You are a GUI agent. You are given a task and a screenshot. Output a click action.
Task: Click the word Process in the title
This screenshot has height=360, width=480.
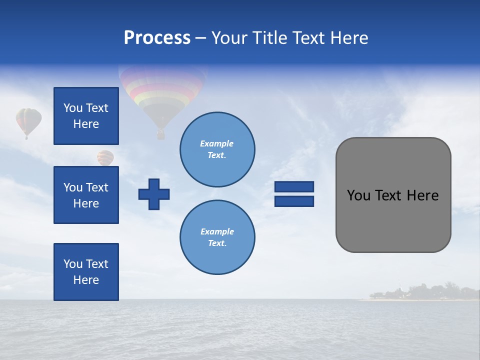point(157,38)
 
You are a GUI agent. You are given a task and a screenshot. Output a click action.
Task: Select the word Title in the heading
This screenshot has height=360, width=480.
point(268,38)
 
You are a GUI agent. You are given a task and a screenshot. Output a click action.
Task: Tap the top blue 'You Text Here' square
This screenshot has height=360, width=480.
point(86,116)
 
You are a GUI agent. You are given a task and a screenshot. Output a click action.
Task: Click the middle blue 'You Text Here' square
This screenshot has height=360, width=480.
point(86,195)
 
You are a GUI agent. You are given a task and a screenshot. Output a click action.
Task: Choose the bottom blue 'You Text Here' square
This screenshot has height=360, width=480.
point(86,272)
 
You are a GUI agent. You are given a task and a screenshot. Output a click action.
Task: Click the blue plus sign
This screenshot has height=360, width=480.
point(154,193)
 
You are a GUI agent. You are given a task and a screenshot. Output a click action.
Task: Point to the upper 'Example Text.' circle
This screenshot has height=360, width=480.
point(217,149)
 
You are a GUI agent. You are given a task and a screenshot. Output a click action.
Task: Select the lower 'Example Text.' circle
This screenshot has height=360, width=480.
point(217,237)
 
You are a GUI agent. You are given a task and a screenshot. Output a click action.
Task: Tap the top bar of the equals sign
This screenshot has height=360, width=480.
point(294,186)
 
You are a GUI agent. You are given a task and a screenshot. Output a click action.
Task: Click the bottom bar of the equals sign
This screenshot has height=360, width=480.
point(294,201)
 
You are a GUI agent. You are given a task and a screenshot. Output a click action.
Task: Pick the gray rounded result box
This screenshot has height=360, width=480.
point(393,195)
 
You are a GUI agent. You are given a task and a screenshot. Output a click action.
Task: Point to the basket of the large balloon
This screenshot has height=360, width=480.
point(160,134)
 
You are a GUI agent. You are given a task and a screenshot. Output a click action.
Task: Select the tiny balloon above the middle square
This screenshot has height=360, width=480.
point(105,157)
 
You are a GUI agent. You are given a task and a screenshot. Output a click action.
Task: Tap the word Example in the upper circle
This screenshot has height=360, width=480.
point(217,143)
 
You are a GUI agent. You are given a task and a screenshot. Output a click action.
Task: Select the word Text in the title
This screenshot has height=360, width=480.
point(306,38)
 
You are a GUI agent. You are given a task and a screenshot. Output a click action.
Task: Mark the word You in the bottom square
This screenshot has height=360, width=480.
point(72,264)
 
